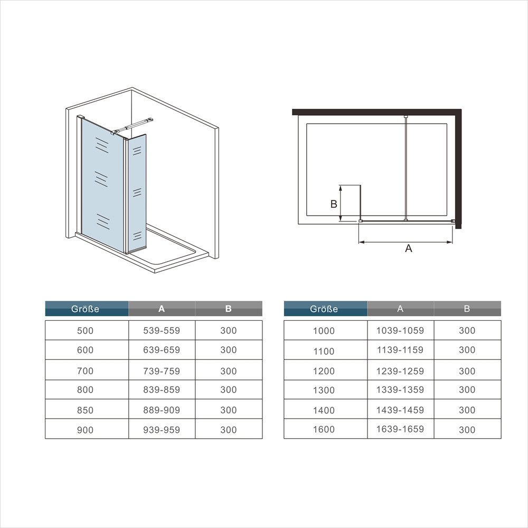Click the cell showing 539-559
click(x=162, y=330)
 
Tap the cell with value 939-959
click(x=162, y=430)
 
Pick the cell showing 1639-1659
click(x=400, y=429)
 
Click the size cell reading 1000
click(x=324, y=330)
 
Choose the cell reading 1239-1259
click(x=400, y=370)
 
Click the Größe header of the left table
click(x=86, y=309)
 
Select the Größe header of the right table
click(x=324, y=309)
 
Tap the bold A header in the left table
click(x=162, y=309)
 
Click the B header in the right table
click(x=467, y=309)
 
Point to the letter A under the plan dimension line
click(x=408, y=248)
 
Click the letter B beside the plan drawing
click(x=334, y=205)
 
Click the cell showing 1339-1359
click(x=400, y=390)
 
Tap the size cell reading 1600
click(x=324, y=429)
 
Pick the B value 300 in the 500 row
click(x=229, y=330)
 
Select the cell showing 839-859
click(x=162, y=390)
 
